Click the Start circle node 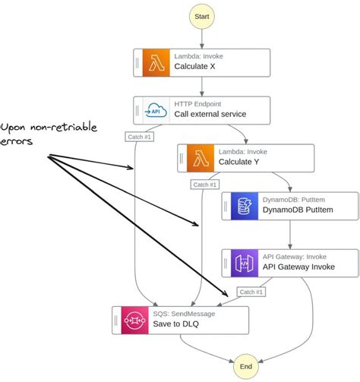pyautogui.click(x=203, y=16)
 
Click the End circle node pyautogui.click(x=245, y=366)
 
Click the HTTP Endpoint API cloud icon pyautogui.click(x=157, y=110)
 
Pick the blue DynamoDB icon pyautogui.click(x=245, y=206)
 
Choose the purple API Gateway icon pyautogui.click(x=245, y=263)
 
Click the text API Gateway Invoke pyautogui.click(x=298, y=267)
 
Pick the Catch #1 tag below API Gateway pyautogui.click(x=250, y=292)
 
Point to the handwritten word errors pyautogui.click(x=20, y=142)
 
